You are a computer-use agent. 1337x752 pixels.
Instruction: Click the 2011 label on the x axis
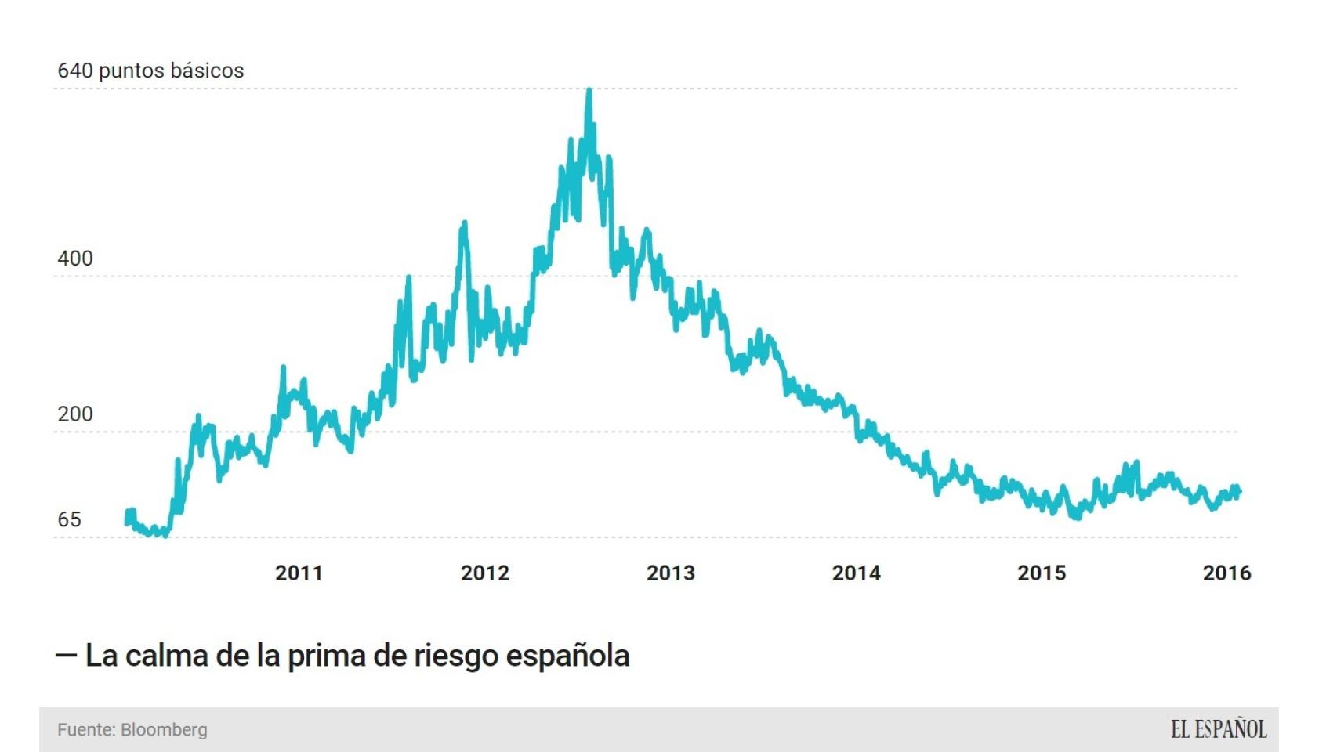(299, 573)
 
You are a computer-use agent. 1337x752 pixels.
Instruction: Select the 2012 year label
(484, 573)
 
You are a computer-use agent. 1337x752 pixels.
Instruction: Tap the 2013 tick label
(670, 573)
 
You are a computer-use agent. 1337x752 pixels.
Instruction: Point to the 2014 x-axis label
(856, 573)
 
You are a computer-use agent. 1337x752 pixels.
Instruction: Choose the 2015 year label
(1042, 573)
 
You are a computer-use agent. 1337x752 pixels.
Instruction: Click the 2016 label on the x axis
(1226, 573)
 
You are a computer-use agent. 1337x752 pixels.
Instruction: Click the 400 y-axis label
(75, 258)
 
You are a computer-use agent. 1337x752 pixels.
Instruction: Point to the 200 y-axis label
(75, 414)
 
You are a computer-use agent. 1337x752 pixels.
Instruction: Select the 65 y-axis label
(69, 519)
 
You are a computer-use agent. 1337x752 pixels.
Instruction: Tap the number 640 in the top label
(75, 70)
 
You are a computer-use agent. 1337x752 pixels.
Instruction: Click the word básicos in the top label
(207, 70)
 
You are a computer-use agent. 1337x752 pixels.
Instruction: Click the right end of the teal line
(1239, 492)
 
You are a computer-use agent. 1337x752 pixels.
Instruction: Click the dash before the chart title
(66, 655)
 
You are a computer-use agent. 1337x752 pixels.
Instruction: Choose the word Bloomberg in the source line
(164, 730)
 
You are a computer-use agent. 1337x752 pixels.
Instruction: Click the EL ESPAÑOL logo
(1219, 730)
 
